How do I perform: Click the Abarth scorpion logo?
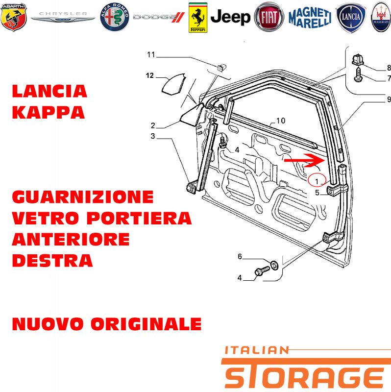coord(14,17)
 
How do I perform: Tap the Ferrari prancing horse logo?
coord(198,18)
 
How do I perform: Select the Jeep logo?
coord(230,17)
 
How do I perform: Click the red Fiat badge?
coord(269,17)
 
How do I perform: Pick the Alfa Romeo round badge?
coord(115,17)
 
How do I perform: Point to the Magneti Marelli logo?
coord(310,18)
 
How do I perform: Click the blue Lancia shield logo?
coord(351,18)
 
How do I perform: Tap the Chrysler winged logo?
coord(63,17)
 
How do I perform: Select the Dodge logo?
coord(158,17)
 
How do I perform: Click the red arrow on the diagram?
coord(304,160)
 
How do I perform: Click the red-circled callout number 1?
coord(317,181)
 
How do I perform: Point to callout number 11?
coord(151,54)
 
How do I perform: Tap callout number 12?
coord(149,75)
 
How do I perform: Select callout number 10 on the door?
coord(281,121)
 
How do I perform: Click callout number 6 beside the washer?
coord(240,256)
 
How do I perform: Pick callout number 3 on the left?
coord(153,136)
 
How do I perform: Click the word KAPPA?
coord(48,113)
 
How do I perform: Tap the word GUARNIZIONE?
coord(83,197)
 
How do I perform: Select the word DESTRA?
coord(52,261)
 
